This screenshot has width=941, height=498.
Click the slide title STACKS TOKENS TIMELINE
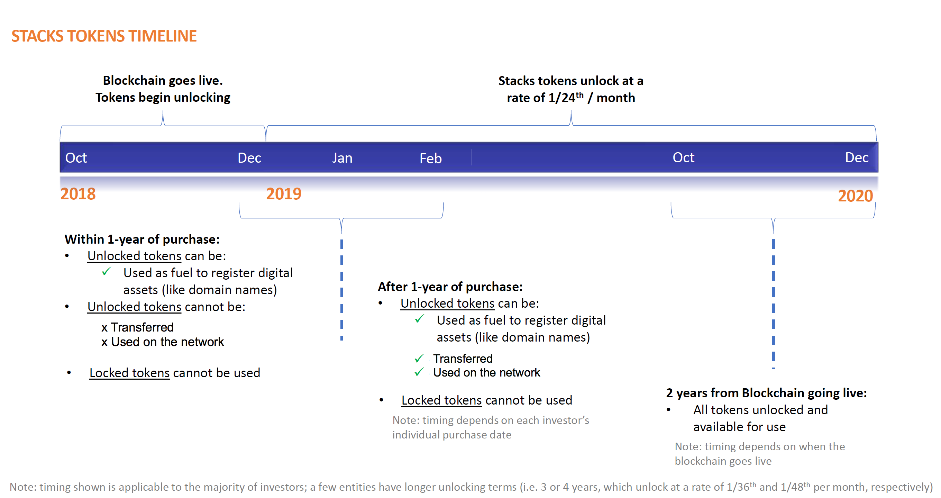104,36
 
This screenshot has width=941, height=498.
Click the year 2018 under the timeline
78,194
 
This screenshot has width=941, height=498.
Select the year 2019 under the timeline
284,194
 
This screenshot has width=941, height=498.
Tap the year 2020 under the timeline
855,196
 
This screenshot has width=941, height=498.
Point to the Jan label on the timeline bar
342,158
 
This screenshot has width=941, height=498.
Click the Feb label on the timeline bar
431,159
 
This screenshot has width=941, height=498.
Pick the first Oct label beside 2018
76,158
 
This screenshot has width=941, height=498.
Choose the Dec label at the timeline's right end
857,157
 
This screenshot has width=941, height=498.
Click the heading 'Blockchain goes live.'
163,80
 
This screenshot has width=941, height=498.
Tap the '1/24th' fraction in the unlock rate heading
566,98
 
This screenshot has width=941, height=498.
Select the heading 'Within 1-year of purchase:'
142,239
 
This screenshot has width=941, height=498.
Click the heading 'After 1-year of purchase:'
450,287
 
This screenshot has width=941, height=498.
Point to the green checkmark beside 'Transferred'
419,358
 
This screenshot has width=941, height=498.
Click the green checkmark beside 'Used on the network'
419,372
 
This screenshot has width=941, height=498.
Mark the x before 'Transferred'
104,328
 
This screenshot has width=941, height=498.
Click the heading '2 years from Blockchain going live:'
766,393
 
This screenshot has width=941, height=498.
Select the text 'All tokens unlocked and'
760,410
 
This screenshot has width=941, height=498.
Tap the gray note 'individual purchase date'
452,435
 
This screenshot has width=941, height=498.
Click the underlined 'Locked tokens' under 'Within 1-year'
130,373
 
